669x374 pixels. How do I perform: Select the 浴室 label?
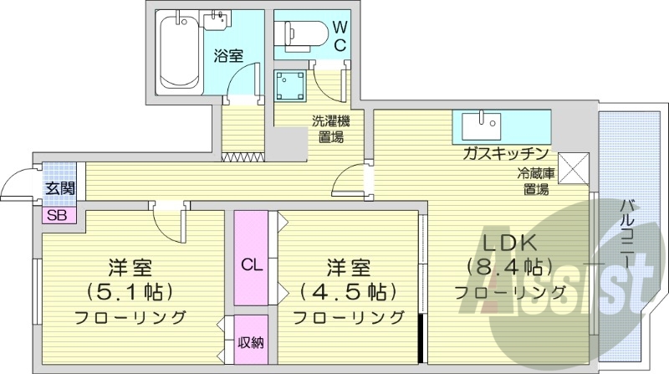point(227,57)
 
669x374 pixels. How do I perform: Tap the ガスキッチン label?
point(504,154)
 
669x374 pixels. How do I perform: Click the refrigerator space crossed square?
point(575,167)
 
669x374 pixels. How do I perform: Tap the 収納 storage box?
point(251,341)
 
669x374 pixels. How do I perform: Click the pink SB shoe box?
point(58,214)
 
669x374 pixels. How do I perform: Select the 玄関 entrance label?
point(58,188)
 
